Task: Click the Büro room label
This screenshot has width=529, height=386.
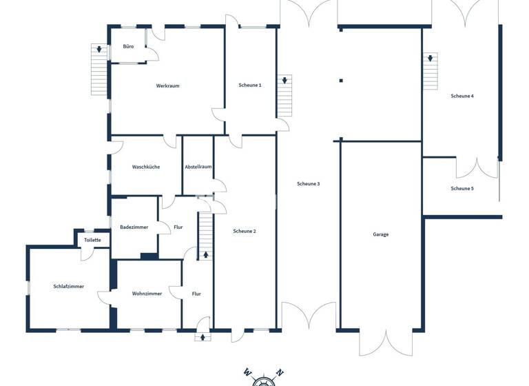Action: point(128,46)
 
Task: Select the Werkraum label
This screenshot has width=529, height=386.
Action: point(167,85)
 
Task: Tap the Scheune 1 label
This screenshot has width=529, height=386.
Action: point(250,85)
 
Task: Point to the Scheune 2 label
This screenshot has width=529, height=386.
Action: point(245,231)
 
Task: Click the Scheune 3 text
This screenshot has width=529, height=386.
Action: point(309,183)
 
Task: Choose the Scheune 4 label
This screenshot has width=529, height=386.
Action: point(462,96)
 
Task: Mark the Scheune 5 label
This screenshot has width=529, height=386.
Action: point(462,188)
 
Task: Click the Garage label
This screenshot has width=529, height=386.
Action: point(381,234)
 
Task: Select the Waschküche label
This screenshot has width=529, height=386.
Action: point(146,167)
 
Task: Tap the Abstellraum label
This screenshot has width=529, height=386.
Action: point(198,167)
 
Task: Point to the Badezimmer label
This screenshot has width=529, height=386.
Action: point(134,227)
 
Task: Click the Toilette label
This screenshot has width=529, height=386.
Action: point(92,240)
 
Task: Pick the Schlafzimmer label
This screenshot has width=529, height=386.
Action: point(68,286)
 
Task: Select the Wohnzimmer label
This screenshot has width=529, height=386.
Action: point(147,293)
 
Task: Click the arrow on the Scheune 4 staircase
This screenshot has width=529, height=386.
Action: point(431,59)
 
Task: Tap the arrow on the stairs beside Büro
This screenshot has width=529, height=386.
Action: point(100,50)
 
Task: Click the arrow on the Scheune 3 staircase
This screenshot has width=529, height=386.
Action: point(284,81)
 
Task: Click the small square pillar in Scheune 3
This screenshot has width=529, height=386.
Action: point(340,81)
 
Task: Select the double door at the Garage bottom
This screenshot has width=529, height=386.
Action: point(380,341)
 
